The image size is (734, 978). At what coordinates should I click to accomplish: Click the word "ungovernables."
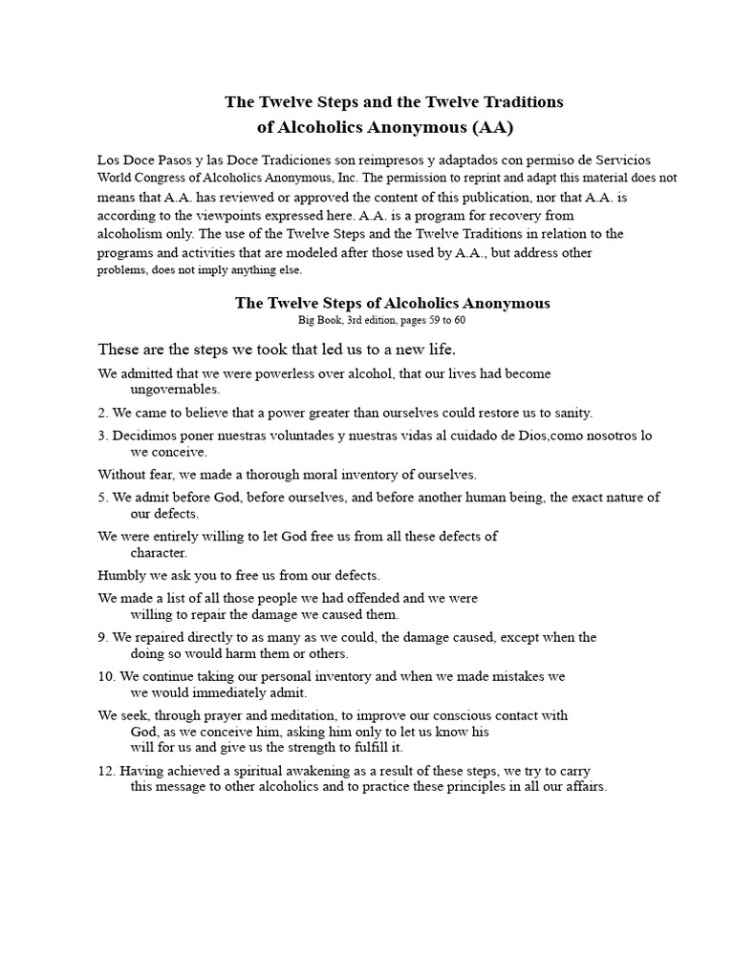click(x=175, y=390)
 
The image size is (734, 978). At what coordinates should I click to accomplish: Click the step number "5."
click(x=103, y=498)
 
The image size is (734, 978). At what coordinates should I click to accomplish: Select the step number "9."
click(x=103, y=637)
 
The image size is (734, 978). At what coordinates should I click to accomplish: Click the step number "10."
click(x=107, y=676)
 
